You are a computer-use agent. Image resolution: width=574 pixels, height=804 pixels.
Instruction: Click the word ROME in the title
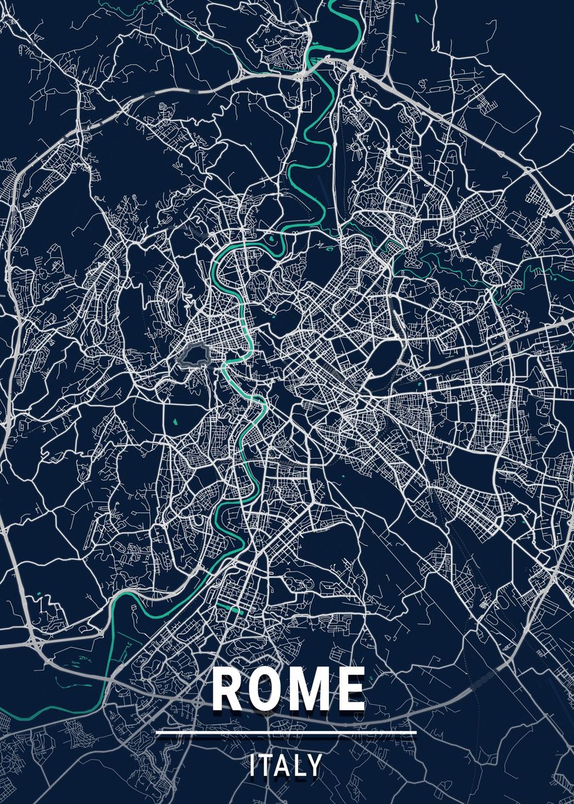pyautogui.click(x=288, y=689)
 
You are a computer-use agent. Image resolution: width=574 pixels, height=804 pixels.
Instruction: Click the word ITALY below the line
pyautogui.click(x=286, y=766)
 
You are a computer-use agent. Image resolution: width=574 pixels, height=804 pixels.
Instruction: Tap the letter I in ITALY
pyautogui.click(x=253, y=766)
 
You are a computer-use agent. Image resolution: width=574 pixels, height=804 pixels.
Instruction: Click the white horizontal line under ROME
pyautogui.click(x=286, y=732)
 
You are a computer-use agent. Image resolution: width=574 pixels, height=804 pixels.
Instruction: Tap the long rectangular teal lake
pyautogui.click(x=230, y=608)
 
